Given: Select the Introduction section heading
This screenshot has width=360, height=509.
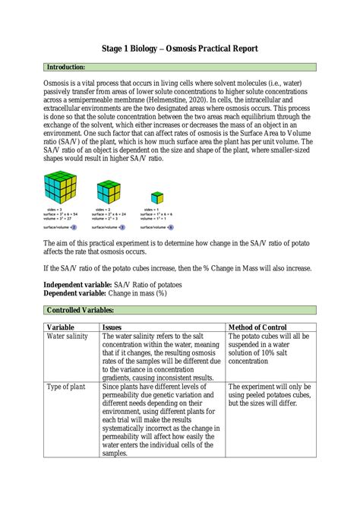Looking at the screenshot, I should tap(65, 68).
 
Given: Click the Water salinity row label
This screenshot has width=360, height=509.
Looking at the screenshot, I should tap(68, 337).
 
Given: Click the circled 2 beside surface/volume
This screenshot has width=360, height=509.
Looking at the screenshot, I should tap(74, 226).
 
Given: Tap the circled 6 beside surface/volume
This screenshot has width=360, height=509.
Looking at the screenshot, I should tap(171, 226).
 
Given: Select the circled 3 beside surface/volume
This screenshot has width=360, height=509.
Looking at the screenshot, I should tap(122, 226).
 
